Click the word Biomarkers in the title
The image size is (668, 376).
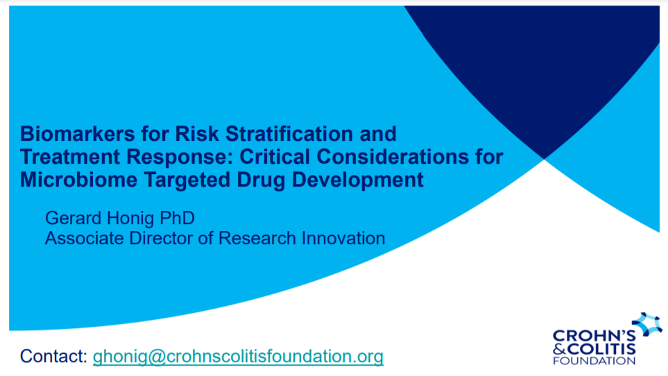(x=78, y=134)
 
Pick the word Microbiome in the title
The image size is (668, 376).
(x=78, y=180)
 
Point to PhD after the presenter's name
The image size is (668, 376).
(x=177, y=218)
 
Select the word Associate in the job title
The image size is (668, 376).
(x=85, y=239)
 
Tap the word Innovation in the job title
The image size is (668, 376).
(x=343, y=239)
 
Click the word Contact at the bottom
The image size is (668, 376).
(x=53, y=357)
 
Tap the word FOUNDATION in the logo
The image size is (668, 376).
(x=594, y=361)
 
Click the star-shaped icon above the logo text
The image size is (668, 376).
(x=646, y=324)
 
